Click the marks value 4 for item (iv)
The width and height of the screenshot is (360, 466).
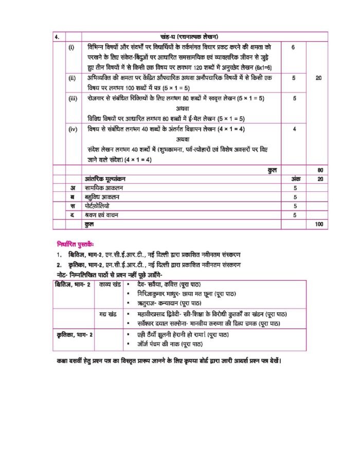pos(293,130)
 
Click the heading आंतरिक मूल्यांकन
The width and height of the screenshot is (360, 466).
pos(107,179)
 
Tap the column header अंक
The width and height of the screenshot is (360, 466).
pos(294,179)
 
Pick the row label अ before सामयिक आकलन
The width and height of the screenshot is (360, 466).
pos(73,188)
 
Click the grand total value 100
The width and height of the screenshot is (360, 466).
pos(319,225)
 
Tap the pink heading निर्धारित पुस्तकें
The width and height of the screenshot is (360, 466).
pos(79,243)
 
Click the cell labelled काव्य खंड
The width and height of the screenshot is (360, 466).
pos(110,284)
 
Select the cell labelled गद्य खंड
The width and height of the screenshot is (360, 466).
pos(109,313)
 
